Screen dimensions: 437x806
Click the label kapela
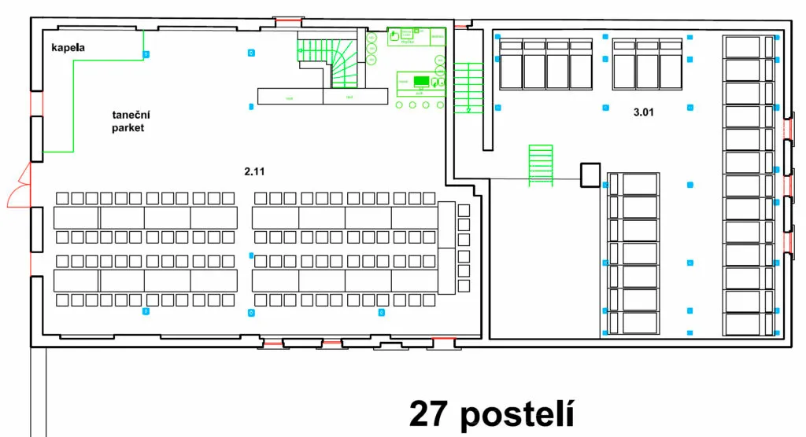point(68,48)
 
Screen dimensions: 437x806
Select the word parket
point(128,128)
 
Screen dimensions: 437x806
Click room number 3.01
point(644,112)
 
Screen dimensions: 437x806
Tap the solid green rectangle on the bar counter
point(421,80)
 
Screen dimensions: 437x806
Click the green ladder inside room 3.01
point(541,165)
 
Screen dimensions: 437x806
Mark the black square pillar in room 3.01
point(590,174)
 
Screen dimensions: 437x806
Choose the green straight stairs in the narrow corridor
point(468,88)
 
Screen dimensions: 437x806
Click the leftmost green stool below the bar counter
point(399,105)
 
